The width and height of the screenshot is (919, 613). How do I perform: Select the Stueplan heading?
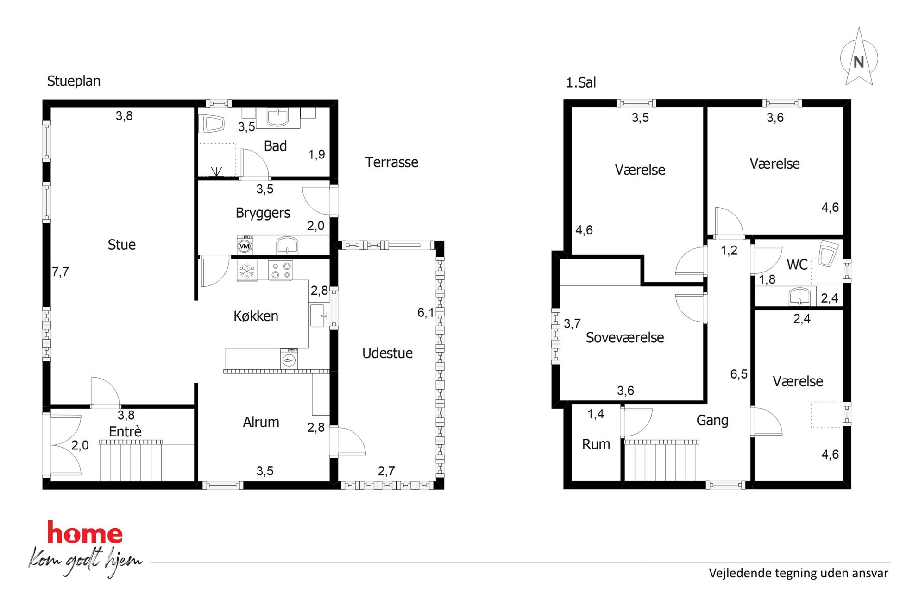click(74, 81)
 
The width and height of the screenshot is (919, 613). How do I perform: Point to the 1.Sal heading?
click(581, 82)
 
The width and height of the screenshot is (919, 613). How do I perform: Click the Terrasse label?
click(391, 162)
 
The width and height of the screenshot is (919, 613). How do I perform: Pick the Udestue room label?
click(387, 353)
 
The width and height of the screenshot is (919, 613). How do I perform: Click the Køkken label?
click(256, 316)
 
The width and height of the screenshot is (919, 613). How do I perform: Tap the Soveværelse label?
click(625, 337)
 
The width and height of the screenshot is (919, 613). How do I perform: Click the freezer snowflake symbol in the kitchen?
click(247, 271)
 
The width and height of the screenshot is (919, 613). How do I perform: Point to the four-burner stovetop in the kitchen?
click(280, 271)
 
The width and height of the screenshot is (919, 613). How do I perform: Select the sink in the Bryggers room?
click(287, 245)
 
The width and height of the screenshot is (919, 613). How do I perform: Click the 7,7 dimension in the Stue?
click(60, 272)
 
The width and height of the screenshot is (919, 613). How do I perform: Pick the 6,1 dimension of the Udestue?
click(426, 312)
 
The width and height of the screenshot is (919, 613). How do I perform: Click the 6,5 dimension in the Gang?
click(739, 374)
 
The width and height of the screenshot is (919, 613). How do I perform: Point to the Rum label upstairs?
click(596, 444)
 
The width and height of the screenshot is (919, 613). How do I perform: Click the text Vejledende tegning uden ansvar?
click(799, 573)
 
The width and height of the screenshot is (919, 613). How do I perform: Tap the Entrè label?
click(125, 431)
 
